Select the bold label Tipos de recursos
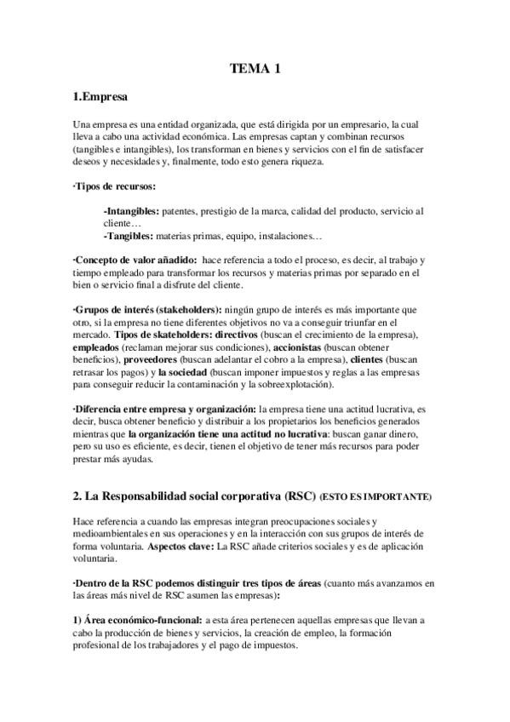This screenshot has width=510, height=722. pos(115,186)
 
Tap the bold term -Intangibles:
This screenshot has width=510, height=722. pos(130,210)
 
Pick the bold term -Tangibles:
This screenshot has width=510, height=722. pos(127,235)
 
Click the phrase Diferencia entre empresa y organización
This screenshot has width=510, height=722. pos(164,410)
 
